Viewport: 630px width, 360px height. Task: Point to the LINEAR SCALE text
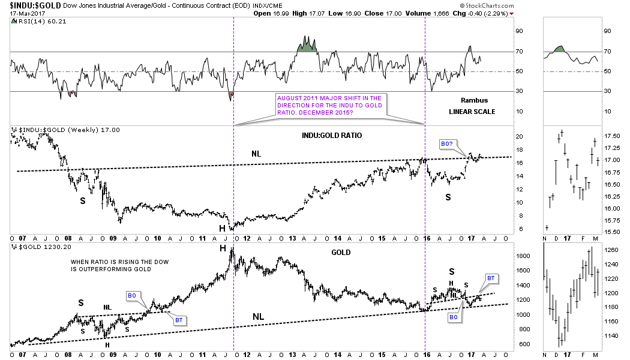tap(472, 112)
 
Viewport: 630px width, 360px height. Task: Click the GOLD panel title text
tap(340, 253)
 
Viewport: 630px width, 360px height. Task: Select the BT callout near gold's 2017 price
tap(490, 278)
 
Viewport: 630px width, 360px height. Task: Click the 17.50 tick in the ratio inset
tap(611, 136)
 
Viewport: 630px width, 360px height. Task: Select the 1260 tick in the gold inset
tap(611, 250)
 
